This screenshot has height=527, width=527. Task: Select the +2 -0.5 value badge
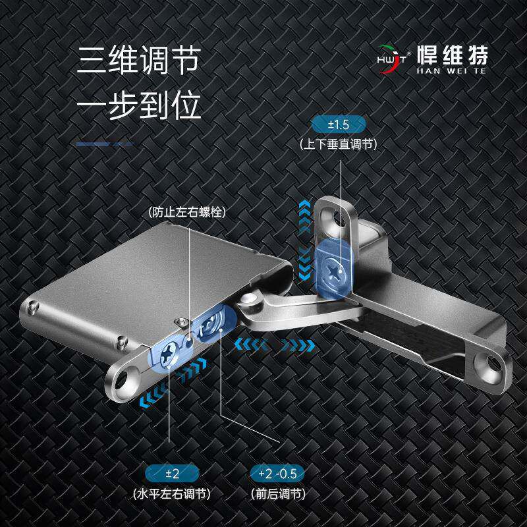click(x=277, y=473)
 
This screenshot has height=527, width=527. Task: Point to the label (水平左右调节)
click(x=169, y=493)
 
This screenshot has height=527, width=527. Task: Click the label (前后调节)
click(x=277, y=493)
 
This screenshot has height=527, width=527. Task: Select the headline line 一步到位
click(x=138, y=105)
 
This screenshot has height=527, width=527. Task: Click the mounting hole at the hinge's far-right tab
click(x=491, y=361)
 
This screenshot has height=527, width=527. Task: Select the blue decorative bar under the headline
click(x=105, y=144)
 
